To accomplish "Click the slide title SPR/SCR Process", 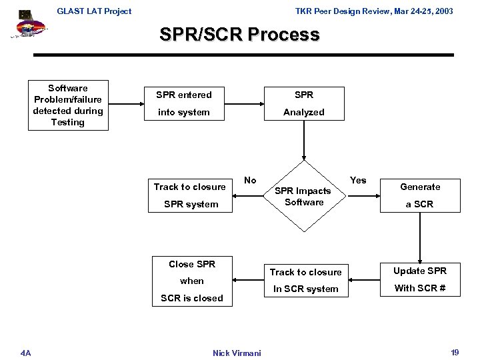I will tap(239, 35).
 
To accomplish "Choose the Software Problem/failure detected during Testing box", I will tap(68, 105).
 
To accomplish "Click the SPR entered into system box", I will tap(183, 103).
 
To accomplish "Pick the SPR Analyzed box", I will tap(303, 103).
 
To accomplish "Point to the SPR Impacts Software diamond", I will tap(304, 196).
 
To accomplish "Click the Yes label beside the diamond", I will tap(358, 180).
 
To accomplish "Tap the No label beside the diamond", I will tap(250, 180).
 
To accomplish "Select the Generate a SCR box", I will tap(420, 195).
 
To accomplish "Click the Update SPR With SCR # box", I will tap(420, 279).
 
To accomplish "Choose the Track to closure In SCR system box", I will tap(305, 280).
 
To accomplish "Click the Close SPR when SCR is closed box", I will tap(192, 281).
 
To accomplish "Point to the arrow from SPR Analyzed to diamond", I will tap(304, 143).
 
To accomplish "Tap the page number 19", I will tap(454, 351).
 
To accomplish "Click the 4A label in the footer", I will tap(25, 351).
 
